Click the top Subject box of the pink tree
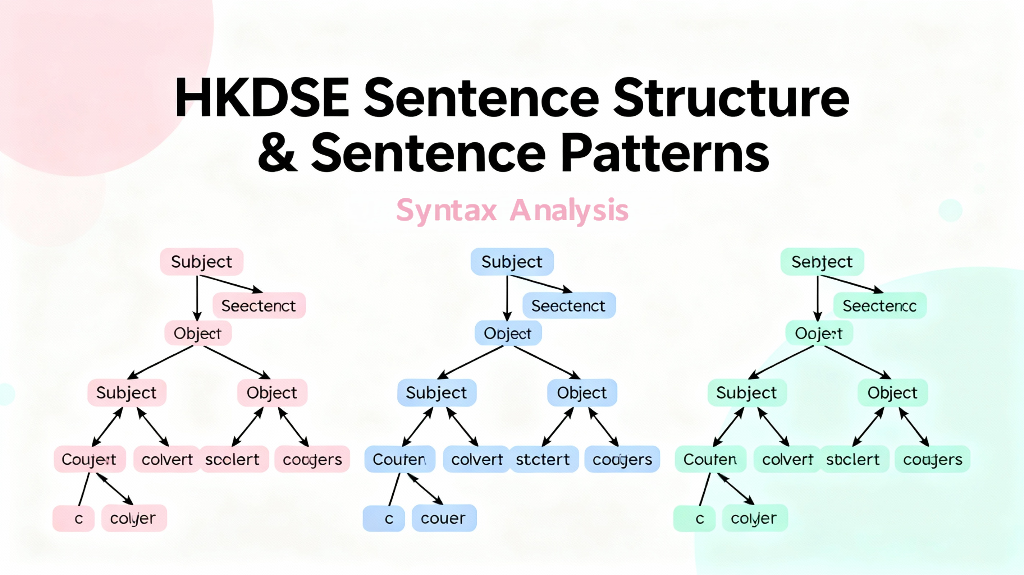point(202,262)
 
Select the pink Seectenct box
point(259,305)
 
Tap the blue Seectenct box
point(568,305)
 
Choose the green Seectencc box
point(880,305)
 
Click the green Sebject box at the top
point(822,262)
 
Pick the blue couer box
point(444,518)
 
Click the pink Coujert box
point(90,459)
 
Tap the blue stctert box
point(543,459)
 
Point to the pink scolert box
point(233,459)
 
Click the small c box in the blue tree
point(384,518)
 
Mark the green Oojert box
point(819,333)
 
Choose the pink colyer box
point(133,518)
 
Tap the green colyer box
point(754,518)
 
